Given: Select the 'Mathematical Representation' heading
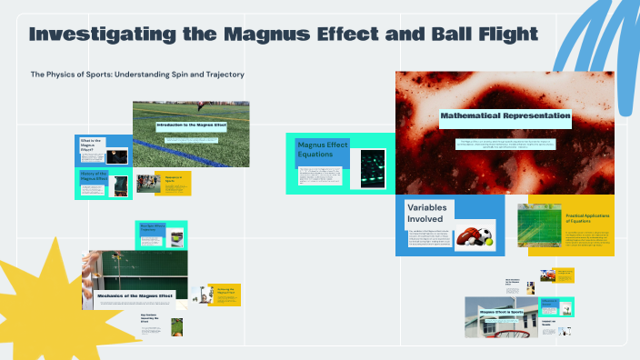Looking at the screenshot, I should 505,116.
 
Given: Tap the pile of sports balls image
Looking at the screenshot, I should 474,238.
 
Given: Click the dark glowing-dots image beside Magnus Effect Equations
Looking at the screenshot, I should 372,167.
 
